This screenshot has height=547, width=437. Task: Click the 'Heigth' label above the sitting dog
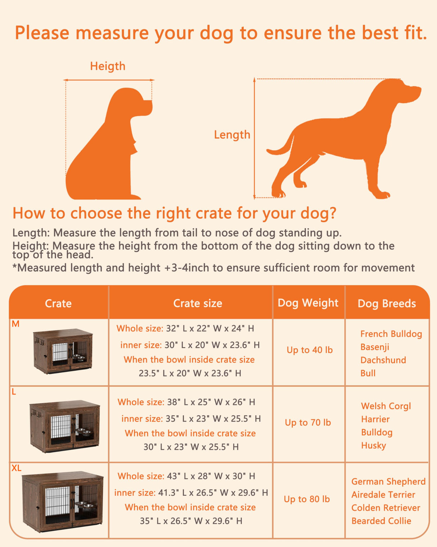pos(108,66)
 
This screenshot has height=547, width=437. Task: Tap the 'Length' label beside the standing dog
pos(232,135)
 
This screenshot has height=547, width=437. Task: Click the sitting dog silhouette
pos(108,151)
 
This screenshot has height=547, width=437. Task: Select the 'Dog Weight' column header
pos(308,303)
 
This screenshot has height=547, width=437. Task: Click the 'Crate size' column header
pos(198,303)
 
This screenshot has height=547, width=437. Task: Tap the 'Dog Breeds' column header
pos(387,303)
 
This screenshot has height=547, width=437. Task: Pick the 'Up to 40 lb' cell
pos(310,350)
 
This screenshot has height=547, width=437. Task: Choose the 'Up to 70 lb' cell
pos(308,422)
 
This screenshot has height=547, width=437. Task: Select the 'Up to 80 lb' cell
pos(307,499)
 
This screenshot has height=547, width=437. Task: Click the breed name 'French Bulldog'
pos(391,334)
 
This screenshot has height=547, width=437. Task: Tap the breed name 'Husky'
pos(373,446)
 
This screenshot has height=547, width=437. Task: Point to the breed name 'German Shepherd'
pos(388,482)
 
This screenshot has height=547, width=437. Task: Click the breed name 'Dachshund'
pos(383,360)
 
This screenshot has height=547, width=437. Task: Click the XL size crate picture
pos(63,501)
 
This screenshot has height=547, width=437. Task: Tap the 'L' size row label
pos(14,392)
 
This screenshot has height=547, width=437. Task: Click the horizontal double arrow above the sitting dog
pos(109,80)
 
